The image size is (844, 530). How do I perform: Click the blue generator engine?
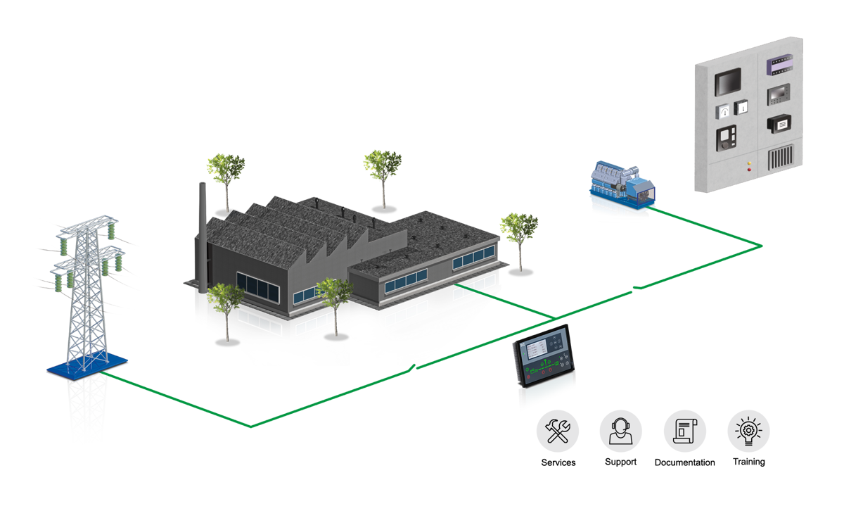[622, 182]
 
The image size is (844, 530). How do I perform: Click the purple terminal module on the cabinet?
[780, 64]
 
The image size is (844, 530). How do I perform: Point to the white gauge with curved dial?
[724, 111]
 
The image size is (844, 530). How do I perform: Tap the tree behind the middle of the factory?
[383, 168]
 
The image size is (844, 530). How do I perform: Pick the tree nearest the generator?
[519, 229]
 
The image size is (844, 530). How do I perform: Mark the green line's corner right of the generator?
[761, 245]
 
